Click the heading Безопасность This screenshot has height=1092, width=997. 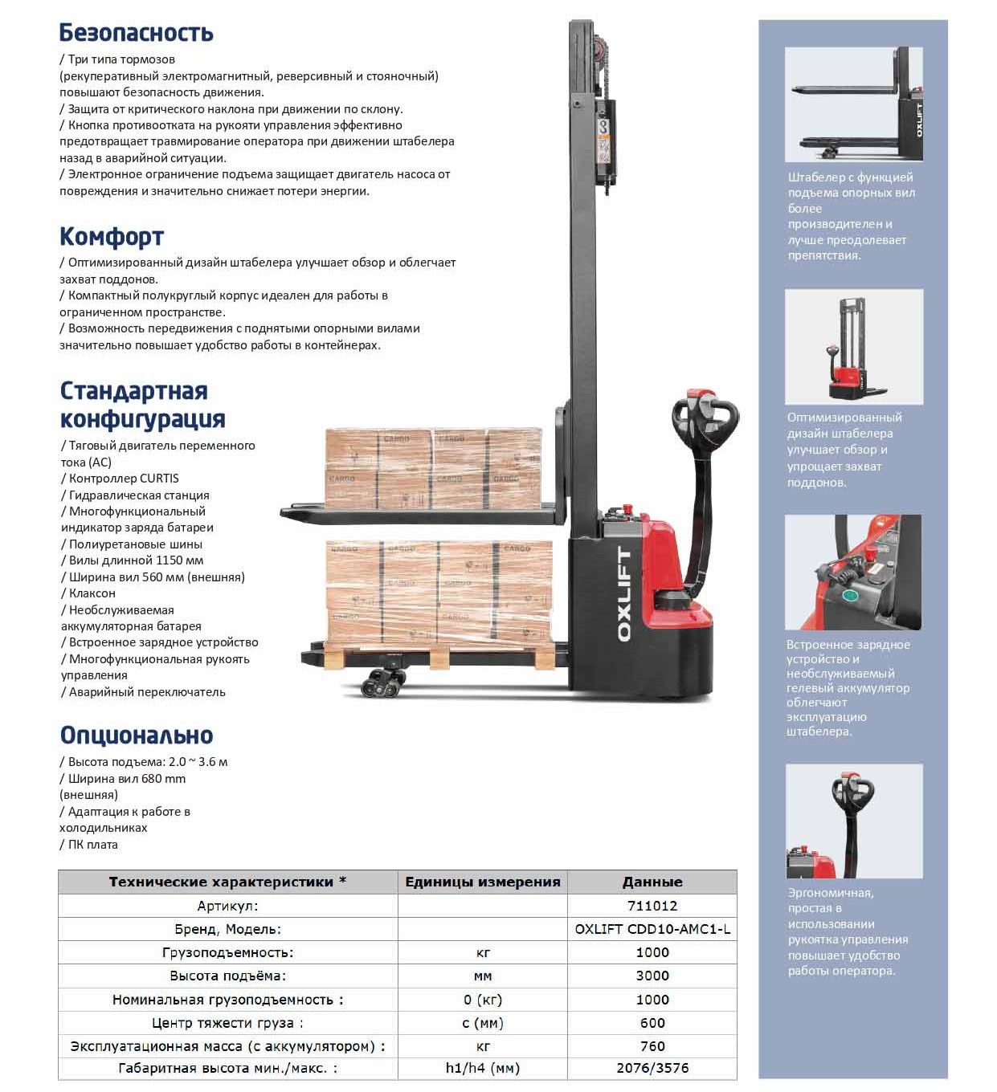pos(136,33)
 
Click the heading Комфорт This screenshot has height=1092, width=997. pos(112,237)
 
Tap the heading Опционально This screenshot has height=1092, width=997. pos(136,735)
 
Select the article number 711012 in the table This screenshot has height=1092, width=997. pos(652,906)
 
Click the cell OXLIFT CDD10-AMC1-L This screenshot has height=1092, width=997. pos(652,929)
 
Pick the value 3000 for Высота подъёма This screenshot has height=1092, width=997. pos(652,976)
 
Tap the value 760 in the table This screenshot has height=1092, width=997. pos(652,1046)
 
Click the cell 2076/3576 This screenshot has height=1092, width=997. pos(652,1068)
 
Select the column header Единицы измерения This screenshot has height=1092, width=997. pos(482,882)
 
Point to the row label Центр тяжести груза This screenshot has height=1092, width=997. pos(227,1023)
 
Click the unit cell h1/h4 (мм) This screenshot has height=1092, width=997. pos(482,1068)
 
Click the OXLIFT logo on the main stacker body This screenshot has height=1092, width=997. pos(624,594)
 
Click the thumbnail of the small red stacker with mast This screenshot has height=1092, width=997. pos(853,347)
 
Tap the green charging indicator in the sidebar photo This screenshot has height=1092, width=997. pos(848,596)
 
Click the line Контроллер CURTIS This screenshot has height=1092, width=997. pos(124,478)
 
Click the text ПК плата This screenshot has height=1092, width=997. pos(92,844)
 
